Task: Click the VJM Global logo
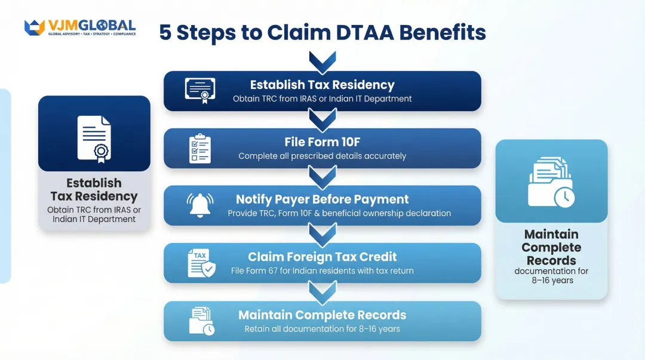click(80, 27)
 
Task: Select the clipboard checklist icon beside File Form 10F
click(199, 149)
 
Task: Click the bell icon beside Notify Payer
click(199, 205)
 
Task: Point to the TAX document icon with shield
click(201, 263)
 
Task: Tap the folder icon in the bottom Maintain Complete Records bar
click(201, 321)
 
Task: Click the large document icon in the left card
click(94, 139)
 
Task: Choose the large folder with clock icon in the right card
click(551, 181)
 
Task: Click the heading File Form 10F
click(322, 142)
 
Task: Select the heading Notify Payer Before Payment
click(322, 199)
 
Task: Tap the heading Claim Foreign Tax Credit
click(322, 257)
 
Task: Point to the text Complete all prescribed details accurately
click(322, 156)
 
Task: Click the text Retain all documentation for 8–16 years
click(322, 329)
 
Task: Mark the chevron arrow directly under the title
click(322, 61)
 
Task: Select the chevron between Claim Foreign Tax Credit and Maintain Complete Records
click(322, 291)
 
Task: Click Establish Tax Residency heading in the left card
click(94, 189)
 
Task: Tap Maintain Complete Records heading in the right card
click(551, 247)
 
